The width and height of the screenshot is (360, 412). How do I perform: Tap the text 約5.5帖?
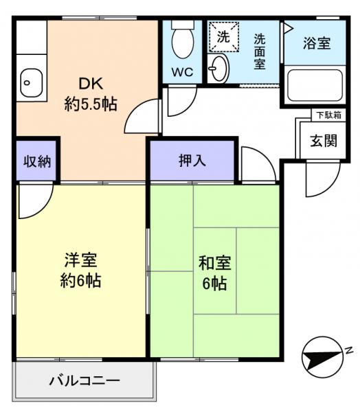tap(91, 104)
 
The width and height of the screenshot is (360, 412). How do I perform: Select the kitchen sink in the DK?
tap(31, 83)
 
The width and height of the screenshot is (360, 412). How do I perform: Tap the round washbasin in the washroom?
tap(220, 67)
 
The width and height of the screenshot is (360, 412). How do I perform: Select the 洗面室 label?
tap(260, 51)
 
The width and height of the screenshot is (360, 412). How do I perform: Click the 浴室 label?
tap(317, 43)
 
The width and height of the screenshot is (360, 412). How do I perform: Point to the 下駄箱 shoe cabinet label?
tap(326, 115)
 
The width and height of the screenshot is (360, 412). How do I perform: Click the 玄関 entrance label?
tap(323, 141)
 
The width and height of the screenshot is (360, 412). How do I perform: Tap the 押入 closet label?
tap(192, 161)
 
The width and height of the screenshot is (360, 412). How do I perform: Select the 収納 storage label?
tap(36, 162)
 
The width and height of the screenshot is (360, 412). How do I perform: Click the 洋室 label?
tap(81, 261)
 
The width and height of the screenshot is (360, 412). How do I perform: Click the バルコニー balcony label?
tap(84, 380)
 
